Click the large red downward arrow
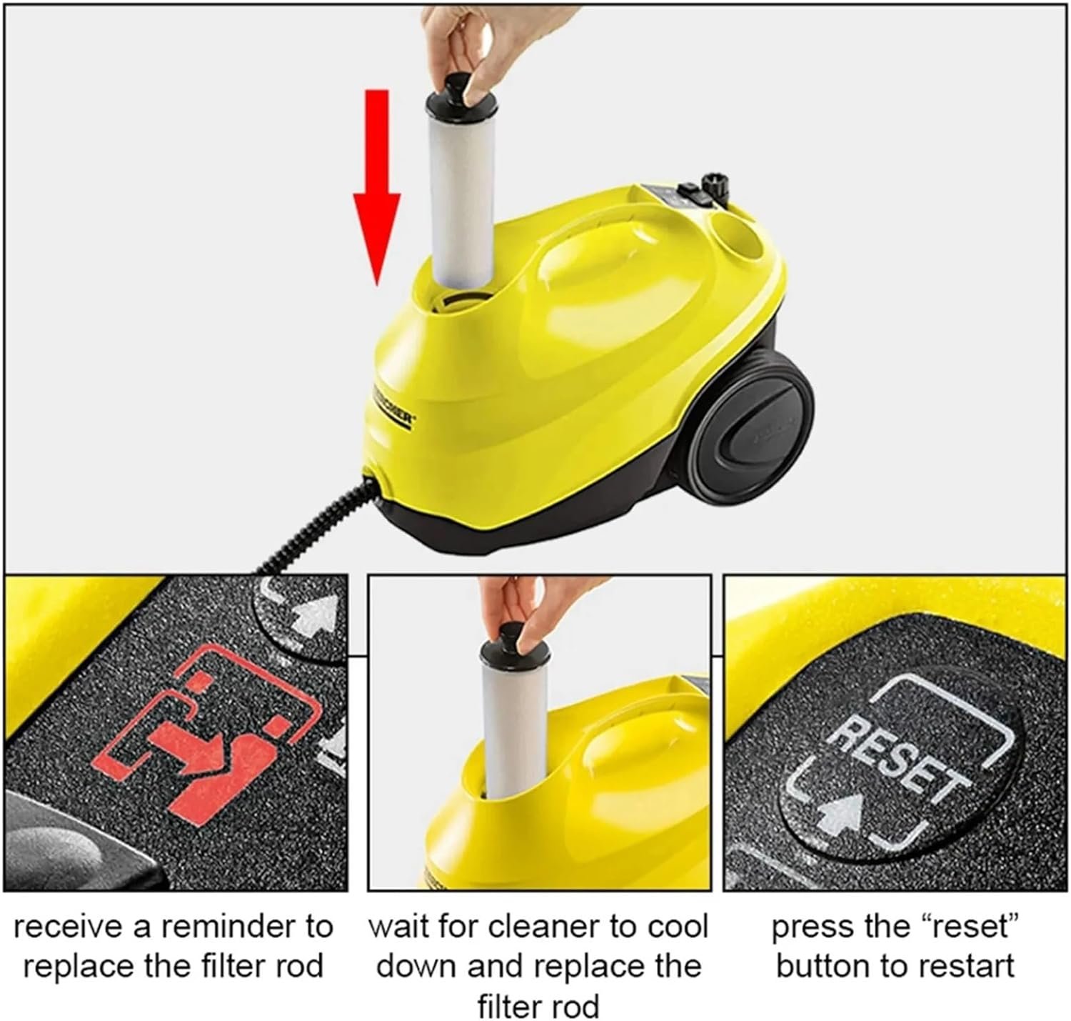(x=377, y=188)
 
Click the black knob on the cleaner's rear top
(x=716, y=189)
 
